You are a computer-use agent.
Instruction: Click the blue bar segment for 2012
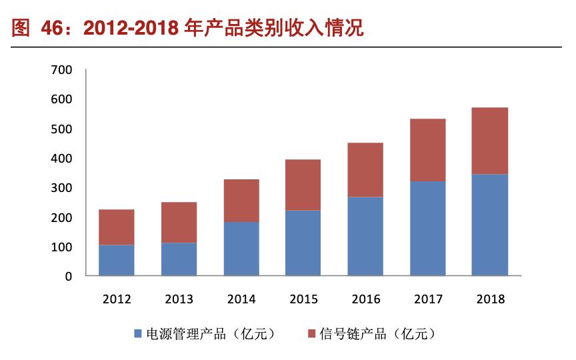pyautogui.click(x=117, y=260)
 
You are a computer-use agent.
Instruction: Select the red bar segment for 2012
pyautogui.click(x=117, y=227)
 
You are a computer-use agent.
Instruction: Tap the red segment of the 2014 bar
pyautogui.click(x=241, y=200)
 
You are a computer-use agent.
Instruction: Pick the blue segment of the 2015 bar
pyautogui.click(x=303, y=243)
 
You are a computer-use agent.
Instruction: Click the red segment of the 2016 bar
pyautogui.click(x=365, y=169)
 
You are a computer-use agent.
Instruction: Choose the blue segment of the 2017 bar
pyautogui.click(x=428, y=228)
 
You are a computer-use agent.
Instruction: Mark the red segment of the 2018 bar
pyautogui.click(x=490, y=141)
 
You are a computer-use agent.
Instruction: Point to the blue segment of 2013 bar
pyautogui.click(x=179, y=259)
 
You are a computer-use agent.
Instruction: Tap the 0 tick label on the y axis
pyautogui.click(x=68, y=276)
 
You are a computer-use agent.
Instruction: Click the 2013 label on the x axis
pyautogui.click(x=179, y=299)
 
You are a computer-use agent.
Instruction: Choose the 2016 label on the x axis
pyautogui.click(x=365, y=299)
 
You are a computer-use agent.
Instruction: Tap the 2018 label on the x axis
pyautogui.click(x=490, y=299)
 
